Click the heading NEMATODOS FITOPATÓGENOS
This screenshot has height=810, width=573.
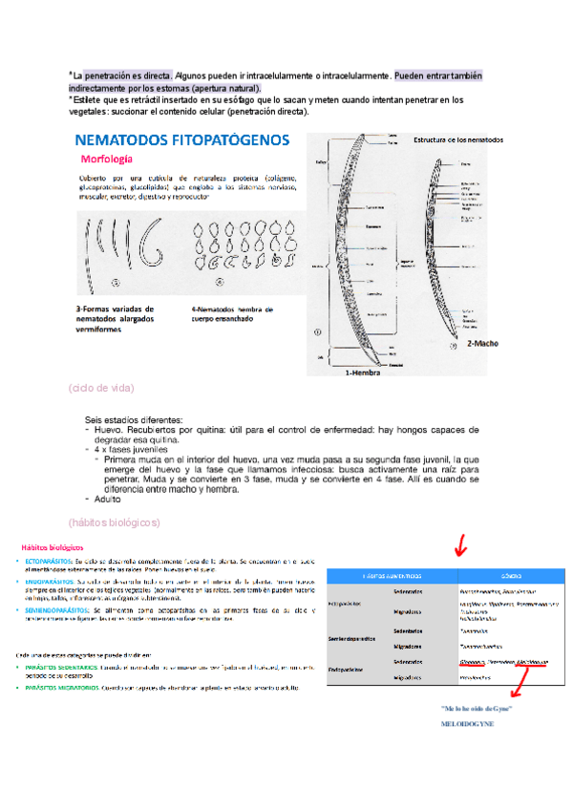click(x=181, y=140)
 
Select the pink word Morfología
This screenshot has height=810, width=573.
click(x=107, y=159)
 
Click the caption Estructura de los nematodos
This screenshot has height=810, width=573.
click(x=457, y=140)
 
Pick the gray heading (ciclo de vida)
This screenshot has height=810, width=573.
click(x=101, y=388)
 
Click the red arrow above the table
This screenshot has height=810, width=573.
click(x=461, y=546)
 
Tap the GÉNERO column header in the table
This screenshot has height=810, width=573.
click(x=505, y=577)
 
